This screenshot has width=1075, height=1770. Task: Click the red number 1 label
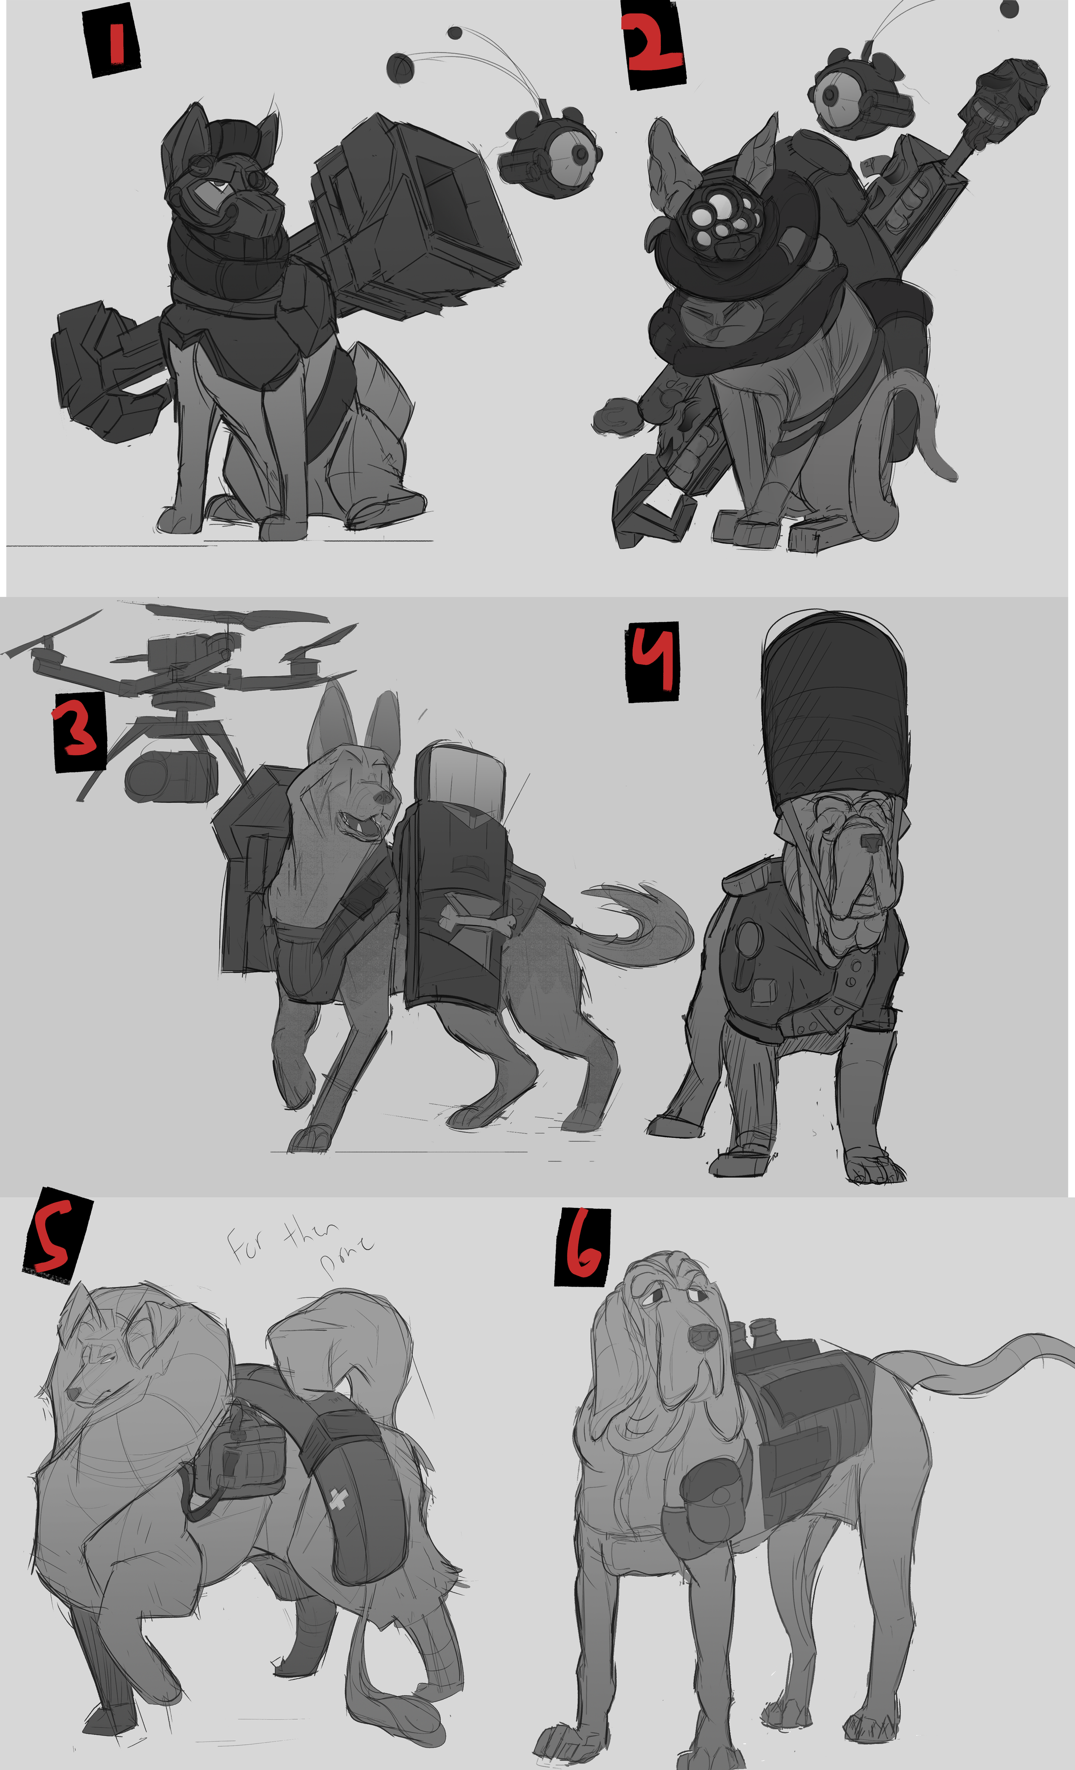(113, 42)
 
